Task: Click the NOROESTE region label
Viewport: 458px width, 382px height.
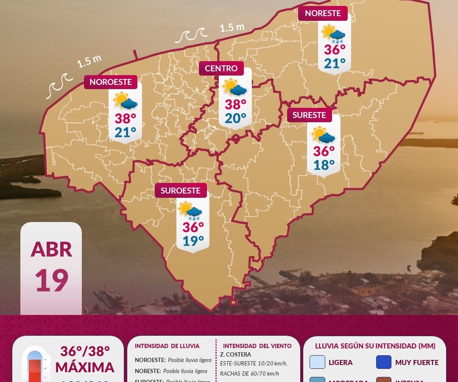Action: [x=110, y=82]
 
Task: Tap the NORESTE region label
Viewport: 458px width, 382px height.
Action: [x=323, y=13]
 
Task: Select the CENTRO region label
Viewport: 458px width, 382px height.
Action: [x=221, y=68]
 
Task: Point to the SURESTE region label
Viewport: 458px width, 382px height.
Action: [x=309, y=115]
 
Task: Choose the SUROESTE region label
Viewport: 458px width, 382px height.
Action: [x=181, y=191]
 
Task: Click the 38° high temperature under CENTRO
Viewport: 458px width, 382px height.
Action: [x=235, y=104]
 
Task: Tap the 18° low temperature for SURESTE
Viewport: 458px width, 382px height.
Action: [x=324, y=165]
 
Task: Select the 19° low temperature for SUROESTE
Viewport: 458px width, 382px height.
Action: [x=193, y=241]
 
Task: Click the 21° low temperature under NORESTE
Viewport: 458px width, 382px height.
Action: [x=335, y=64]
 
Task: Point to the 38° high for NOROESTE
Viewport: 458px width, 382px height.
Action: [x=125, y=118]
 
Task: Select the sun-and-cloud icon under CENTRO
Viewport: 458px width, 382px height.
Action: [x=235, y=87]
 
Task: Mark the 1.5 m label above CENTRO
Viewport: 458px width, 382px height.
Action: [x=232, y=28]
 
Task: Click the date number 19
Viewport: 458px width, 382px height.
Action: [x=51, y=281]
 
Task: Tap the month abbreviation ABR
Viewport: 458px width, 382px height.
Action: [x=51, y=250]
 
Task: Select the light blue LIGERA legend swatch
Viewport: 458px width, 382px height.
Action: [x=317, y=362]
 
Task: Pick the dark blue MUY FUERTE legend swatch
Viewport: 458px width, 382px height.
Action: [x=383, y=362]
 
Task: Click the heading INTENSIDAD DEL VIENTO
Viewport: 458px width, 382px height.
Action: [x=257, y=346]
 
